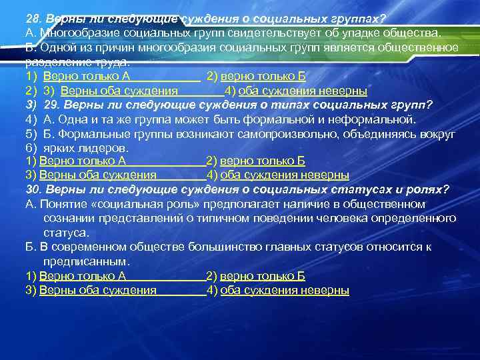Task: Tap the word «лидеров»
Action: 103,147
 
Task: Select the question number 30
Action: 34,189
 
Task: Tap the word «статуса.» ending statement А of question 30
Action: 66,233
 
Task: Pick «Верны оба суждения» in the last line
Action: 97,290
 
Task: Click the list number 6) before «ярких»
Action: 30,147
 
